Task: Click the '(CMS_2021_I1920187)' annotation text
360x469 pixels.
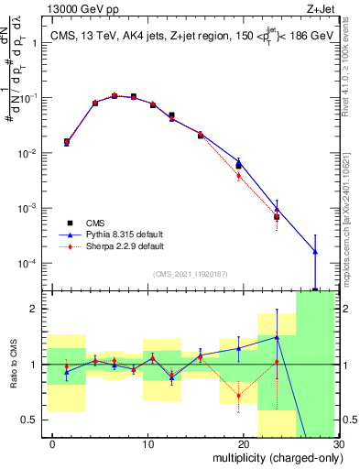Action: click(x=191, y=274)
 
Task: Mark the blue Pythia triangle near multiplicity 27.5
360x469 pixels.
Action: click(x=315, y=251)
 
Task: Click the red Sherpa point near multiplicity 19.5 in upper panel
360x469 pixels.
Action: click(x=239, y=176)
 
